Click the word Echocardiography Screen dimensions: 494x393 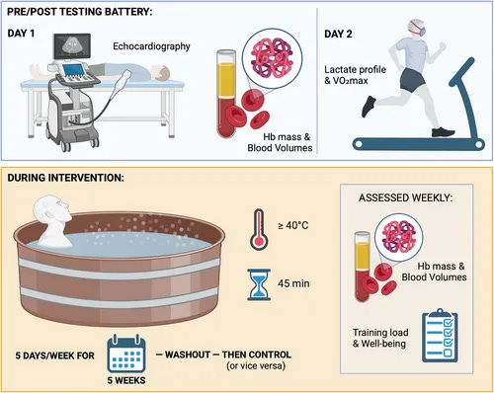click(151, 46)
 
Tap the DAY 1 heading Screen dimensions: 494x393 click(21, 34)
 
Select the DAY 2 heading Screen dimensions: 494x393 click(338, 34)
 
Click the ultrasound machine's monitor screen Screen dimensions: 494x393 click(72, 45)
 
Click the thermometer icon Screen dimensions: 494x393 click(259, 229)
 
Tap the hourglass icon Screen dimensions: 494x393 click(259, 284)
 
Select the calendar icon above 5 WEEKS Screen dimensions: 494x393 click(126, 354)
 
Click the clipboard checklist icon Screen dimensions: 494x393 click(440, 336)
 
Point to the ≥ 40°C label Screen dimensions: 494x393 click(293, 226)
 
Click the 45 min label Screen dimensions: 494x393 click(293, 283)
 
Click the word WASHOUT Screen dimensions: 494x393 click(188, 354)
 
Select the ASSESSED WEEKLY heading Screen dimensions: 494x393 click(405, 198)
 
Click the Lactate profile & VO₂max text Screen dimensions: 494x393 click(355, 75)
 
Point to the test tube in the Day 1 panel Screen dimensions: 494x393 click(226, 94)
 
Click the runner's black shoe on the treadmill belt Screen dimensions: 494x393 click(443, 132)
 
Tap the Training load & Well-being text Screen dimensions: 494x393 click(380, 338)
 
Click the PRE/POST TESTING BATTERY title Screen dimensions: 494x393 click(80, 12)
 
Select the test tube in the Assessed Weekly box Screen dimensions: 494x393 click(362, 267)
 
